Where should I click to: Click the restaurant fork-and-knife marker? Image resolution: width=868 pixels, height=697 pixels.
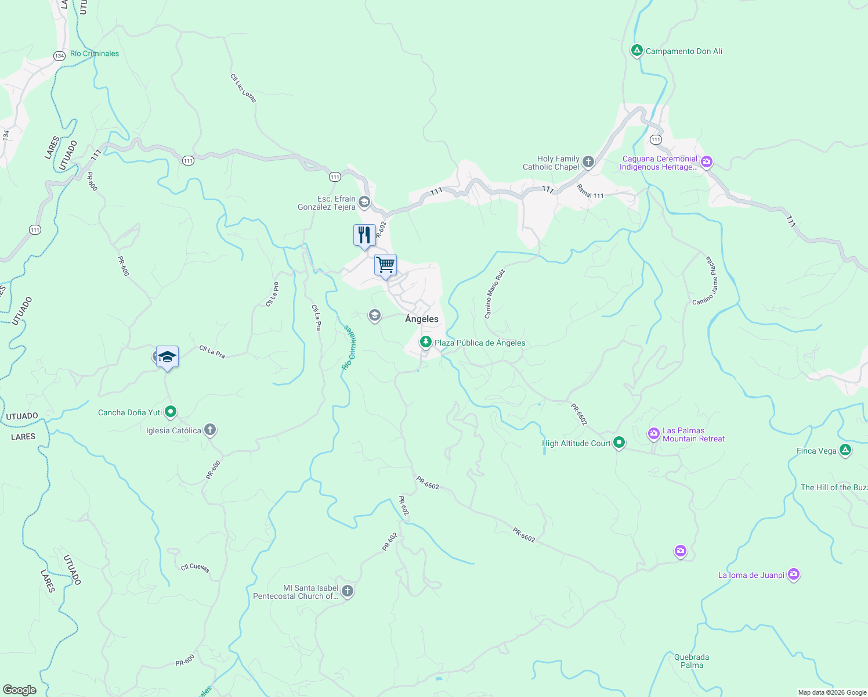[x=364, y=235]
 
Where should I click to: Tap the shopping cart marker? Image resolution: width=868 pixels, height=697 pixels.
[x=385, y=265]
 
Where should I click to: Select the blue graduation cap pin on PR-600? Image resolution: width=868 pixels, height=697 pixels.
[x=167, y=357]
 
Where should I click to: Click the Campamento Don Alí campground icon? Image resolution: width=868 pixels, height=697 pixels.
[x=636, y=51]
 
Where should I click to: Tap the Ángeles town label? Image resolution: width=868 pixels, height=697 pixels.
[x=422, y=319]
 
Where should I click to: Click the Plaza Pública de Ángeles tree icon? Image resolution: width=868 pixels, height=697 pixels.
[x=426, y=343]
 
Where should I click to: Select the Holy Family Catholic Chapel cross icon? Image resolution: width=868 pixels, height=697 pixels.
[x=588, y=162]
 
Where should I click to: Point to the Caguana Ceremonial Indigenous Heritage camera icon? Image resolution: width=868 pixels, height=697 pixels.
[x=707, y=162]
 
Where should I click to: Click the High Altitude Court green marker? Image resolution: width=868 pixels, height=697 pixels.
[x=619, y=443]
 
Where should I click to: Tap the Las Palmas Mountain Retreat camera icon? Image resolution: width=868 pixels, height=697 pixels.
[x=654, y=434]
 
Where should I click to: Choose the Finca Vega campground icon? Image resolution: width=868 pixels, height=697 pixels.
[x=845, y=451]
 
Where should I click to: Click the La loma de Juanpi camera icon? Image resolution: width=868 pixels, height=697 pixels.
[x=794, y=575]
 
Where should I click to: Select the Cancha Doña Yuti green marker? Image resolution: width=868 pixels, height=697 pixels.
[x=171, y=412]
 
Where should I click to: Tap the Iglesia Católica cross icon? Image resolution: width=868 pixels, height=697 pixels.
[x=210, y=430]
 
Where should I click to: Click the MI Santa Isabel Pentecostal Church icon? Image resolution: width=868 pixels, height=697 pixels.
[x=347, y=592]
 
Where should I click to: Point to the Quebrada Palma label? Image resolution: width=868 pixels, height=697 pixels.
[x=692, y=661]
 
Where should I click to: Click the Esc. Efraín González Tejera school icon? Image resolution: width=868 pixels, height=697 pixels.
[x=364, y=202]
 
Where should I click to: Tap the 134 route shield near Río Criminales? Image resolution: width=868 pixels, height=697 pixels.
[x=59, y=56]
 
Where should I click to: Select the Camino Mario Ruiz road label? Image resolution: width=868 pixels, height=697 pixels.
[x=494, y=293]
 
